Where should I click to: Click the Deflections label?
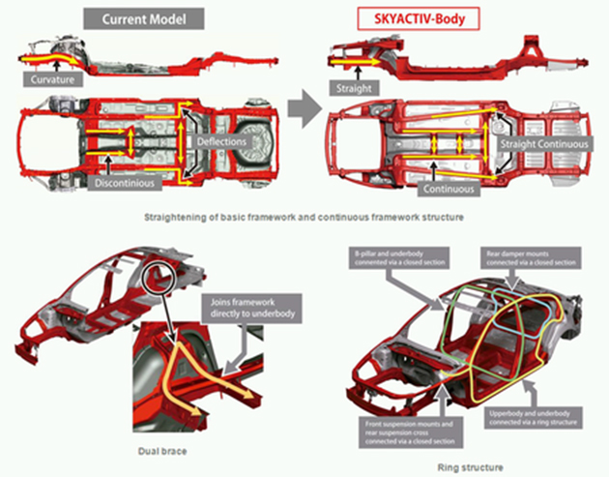(224, 142)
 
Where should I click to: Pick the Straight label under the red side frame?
(352, 86)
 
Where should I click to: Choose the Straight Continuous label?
(543, 142)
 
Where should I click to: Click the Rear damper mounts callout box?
(530, 257)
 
